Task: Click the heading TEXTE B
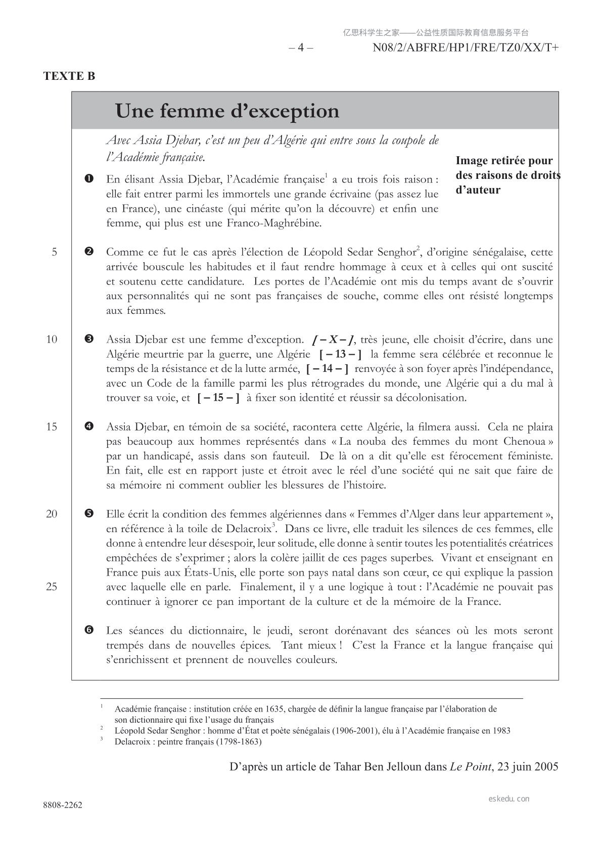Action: pyautogui.click(x=69, y=76)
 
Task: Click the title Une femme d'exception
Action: pyautogui.click(x=227, y=111)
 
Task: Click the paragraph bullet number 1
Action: pyautogui.click(x=89, y=179)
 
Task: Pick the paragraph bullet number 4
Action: pyautogui.click(x=89, y=427)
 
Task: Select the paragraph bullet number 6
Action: pyautogui.click(x=89, y=630)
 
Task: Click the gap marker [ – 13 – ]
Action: pyautogui.click(x=340, y=354)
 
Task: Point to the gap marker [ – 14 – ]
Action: pyautogui.click(x=328, y=369)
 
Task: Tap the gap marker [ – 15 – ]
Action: pyautogui.click(x=218, y=398)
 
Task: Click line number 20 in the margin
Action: pyautogui.click(x=52, y=514)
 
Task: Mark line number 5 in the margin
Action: pyautogui.click(x=54, y=252)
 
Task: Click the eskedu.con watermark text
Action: pyautogui.click(x=509, y=799)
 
